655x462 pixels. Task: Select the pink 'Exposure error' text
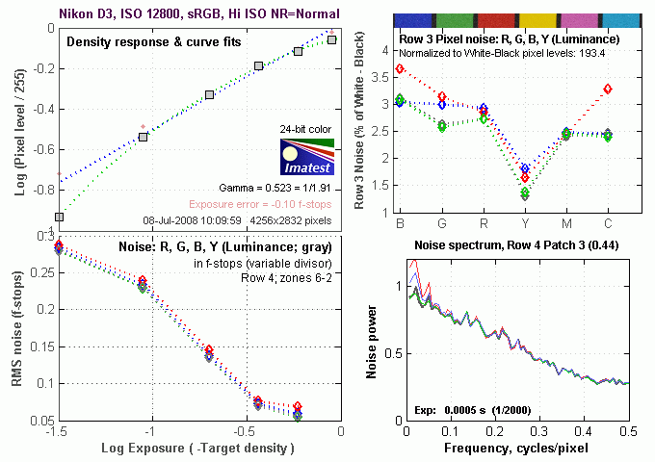pos(253,204)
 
